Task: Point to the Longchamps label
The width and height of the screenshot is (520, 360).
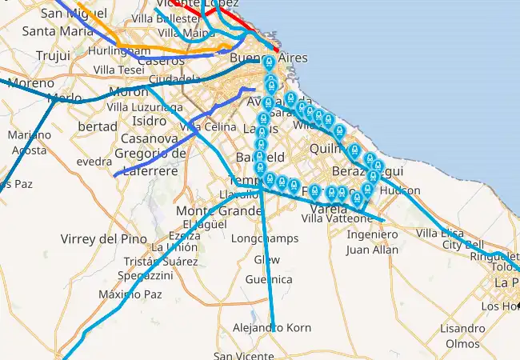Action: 264,238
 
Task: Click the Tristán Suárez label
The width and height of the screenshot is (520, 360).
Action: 161,261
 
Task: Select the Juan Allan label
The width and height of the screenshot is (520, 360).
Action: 372,250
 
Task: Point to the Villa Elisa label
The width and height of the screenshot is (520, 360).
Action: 440,233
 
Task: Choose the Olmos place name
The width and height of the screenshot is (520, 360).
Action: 462,343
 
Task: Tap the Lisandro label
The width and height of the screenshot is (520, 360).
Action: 462,329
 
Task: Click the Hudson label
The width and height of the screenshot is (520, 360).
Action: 401,191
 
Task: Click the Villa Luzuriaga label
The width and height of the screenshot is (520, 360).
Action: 140,106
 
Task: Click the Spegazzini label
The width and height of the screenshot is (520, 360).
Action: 145,275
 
